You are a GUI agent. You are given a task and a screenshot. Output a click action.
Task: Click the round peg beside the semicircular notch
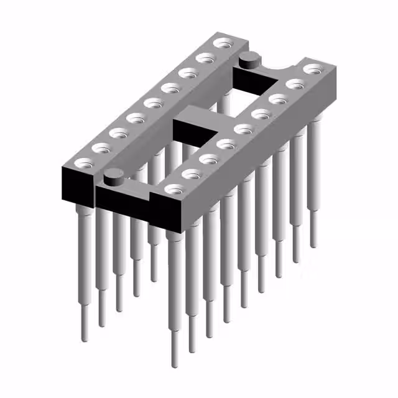[x=248, y=60]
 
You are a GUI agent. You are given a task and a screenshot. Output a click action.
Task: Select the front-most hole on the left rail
[x=81, y=164]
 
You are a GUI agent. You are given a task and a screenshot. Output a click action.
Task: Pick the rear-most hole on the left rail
[x=221, y=44]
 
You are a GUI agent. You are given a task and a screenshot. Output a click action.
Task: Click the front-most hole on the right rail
[x=174, y=188]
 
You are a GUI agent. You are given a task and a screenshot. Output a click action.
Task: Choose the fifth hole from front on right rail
[x=244, y=129]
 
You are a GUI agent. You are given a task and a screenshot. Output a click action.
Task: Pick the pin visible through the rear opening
[x=224, y=106]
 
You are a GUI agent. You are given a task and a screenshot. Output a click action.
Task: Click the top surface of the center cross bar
[x=199, y=116]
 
